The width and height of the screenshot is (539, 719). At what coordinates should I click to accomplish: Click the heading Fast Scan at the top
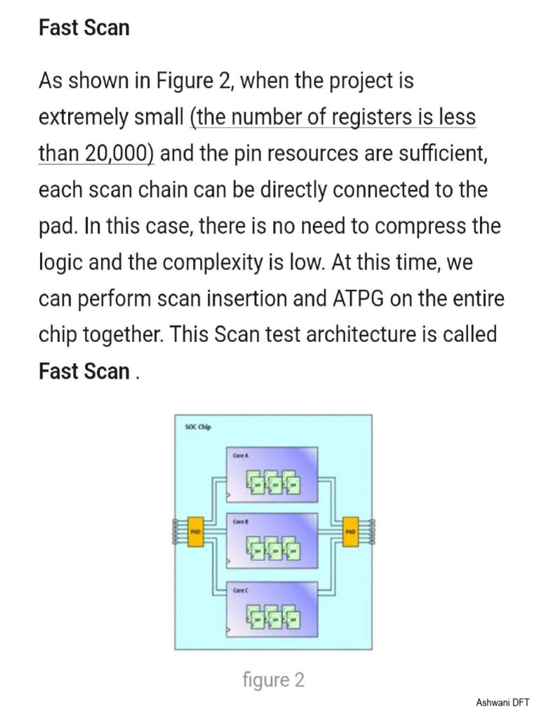[x=84, y=28]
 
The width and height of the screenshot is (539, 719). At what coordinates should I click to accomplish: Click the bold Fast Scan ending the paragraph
[x=84, y=371]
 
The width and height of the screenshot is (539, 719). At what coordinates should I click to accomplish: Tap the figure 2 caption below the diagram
[x=273, y=680]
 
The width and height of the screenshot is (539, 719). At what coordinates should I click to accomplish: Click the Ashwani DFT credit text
[x=503, y=702]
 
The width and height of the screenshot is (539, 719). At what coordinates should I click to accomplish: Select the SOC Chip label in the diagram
[x=198, y=427]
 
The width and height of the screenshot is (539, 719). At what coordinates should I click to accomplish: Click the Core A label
[x=241, y=456]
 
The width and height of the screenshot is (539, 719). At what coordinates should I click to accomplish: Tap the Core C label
[x=241, y=591]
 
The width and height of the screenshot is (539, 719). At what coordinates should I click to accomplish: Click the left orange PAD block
[x=196, y=532]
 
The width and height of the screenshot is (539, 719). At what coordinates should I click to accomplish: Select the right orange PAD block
[x=350, y=532]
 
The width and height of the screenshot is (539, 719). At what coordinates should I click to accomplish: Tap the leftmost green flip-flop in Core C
[x=256, y=619]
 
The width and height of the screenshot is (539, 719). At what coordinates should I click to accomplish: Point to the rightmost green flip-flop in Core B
[x=293, y=552]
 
